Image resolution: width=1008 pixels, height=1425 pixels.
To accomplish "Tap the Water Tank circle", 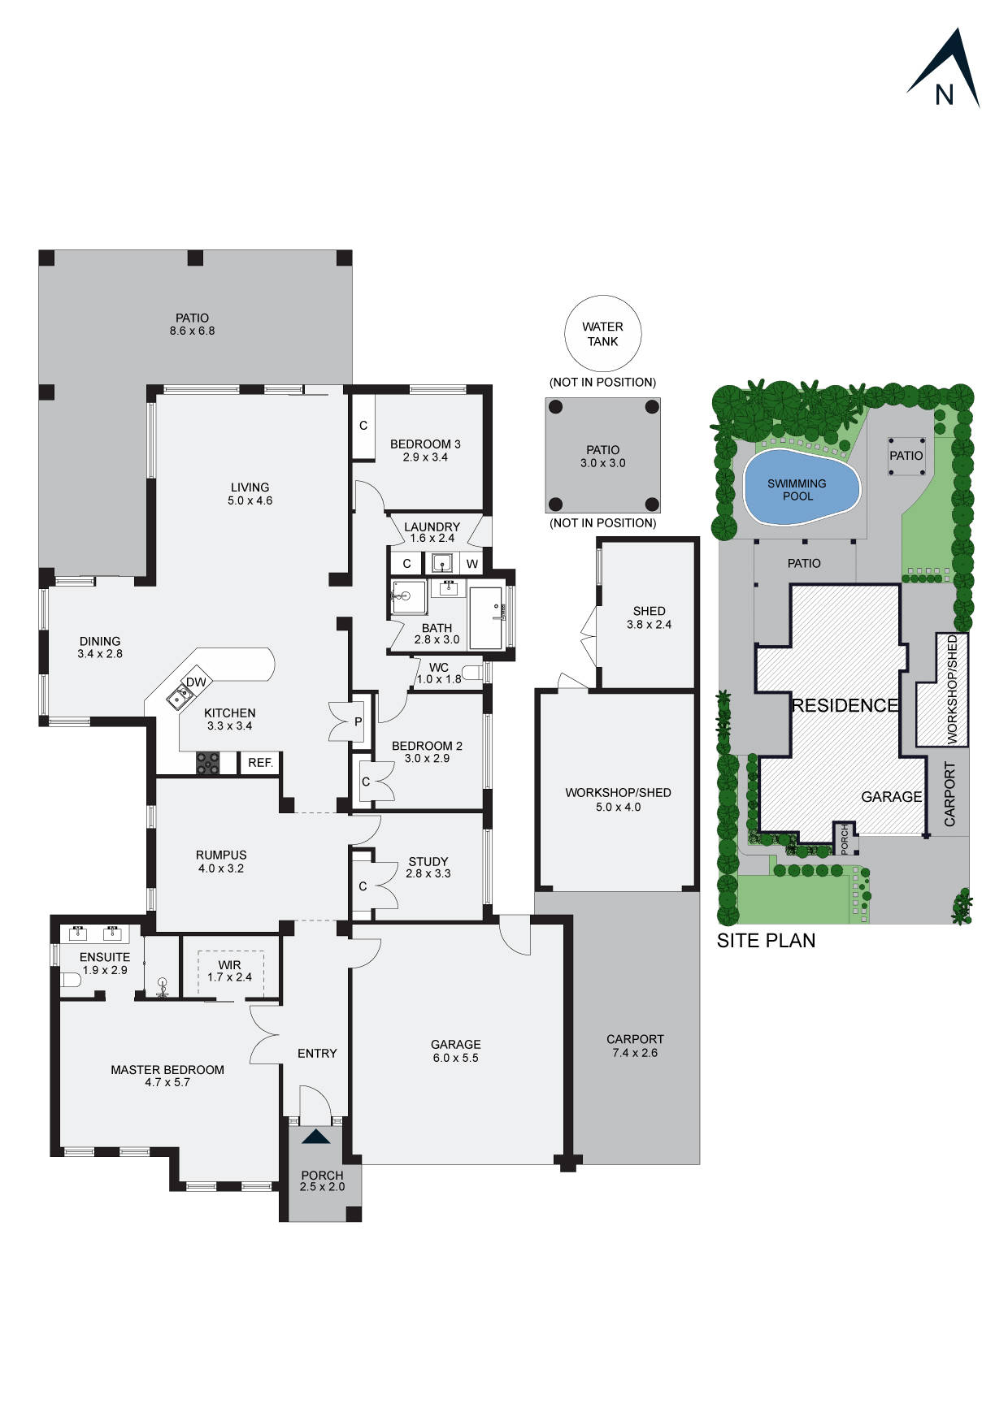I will tap(602, 334).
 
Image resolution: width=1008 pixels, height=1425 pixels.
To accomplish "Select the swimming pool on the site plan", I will tap(801, 488).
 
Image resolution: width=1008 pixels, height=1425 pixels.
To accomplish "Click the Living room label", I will tap(250, 487).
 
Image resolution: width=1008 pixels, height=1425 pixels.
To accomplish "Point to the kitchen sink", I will tap(180, 696).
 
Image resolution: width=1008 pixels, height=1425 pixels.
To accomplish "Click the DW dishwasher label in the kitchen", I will tap(196, 682).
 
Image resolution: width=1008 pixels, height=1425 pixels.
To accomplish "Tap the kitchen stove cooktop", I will tap(208, 763).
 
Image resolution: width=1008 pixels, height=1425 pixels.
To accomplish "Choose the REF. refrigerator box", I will tap(260, 763).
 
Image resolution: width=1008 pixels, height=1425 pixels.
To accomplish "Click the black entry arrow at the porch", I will tap(315, 1137).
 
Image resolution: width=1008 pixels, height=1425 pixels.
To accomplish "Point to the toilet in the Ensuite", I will tap(72, 981).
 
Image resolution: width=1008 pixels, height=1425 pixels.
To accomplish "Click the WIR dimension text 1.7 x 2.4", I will tap(229, 977).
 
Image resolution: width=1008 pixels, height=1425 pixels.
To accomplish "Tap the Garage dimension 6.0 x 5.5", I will tap(455, 1058).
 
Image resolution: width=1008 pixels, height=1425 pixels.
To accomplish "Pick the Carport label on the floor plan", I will tap(635, 1039).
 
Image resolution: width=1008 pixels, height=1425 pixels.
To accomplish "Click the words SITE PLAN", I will tap(766, 941).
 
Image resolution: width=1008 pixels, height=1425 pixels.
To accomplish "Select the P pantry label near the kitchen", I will tap(358, 721).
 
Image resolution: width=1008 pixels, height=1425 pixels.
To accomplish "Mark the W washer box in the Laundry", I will tap(472, 564).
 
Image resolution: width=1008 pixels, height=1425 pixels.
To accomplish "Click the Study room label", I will tap(428, 861).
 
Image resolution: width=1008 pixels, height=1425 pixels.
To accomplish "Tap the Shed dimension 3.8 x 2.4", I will tap(649, 625).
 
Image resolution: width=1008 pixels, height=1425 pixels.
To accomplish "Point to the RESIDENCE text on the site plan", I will tap(845, 705).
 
